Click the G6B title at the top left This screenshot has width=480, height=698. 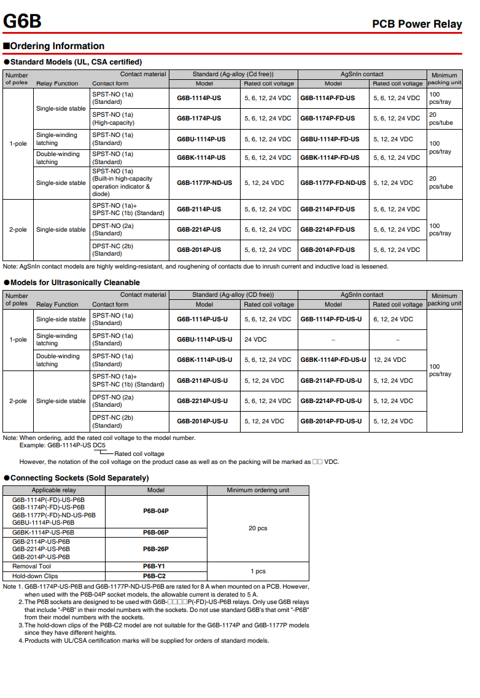pyautogui.click(x=22, y=21)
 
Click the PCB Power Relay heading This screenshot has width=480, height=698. pyautogui.click(x=417, y=25)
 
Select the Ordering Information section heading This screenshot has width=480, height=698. pyautogui.click(x=54, y=46)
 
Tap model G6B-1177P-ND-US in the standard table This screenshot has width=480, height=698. pyautogui.click(x=204, y=182)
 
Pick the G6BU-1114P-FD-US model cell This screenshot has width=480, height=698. pyautogui.click(x=330, y=139)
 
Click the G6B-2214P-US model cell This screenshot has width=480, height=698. pyautogui.click(x=199, y=230)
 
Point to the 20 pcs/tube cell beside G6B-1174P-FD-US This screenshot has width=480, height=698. pyautogui.click(x=441, y=119)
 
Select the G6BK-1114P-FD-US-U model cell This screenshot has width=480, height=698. pyautogui.click(x=333, y=360)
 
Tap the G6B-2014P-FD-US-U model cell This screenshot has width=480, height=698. pyautogui.click(x=331, y=422)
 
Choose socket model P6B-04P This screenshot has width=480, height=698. pyautogui.click(x=155, y=511)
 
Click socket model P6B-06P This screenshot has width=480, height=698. pyautogui.click(x=155, y=532)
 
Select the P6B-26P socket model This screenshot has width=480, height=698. pyautogui.click(x=155, y=549)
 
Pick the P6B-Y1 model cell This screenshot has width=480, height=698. pyautogui.click(x=155, y=567)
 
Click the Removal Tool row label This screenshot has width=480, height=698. pyautogui.click(x=32, y=567)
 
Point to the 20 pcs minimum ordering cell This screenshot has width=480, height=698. pyautogui.click(x=258, y=528)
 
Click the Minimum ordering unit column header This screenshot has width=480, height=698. pyautogui.click(x=258, y=490)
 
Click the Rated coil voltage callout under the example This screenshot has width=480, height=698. pyautogui.click(x=139, y=454)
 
